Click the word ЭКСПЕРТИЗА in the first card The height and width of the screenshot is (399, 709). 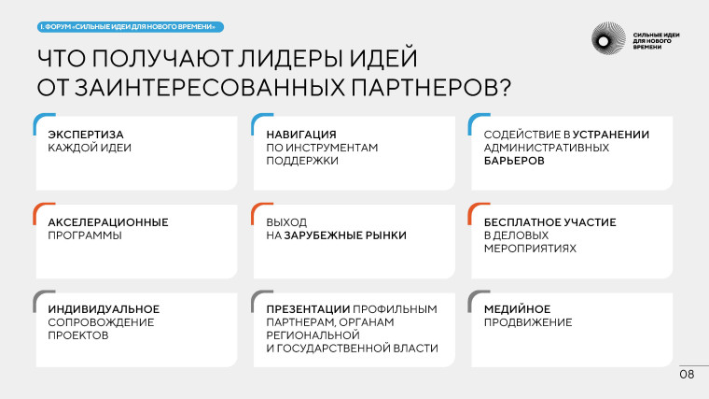[86, 134]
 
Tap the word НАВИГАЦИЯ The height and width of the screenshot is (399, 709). [295, 134]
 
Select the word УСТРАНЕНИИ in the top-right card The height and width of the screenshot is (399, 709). [611, 134]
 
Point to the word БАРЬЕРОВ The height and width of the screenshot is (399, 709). [514, 160]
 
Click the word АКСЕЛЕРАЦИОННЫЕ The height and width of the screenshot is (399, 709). [107, 222]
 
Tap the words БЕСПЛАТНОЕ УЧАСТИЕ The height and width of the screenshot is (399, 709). [549, 222]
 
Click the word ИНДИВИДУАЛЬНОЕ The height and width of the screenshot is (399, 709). [104, 309]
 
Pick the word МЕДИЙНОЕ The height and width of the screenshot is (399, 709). [517, 309]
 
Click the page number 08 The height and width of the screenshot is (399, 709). [687, 375]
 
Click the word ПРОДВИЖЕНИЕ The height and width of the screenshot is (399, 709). [528, 322]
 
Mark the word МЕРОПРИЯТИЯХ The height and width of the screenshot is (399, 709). [530, 249]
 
